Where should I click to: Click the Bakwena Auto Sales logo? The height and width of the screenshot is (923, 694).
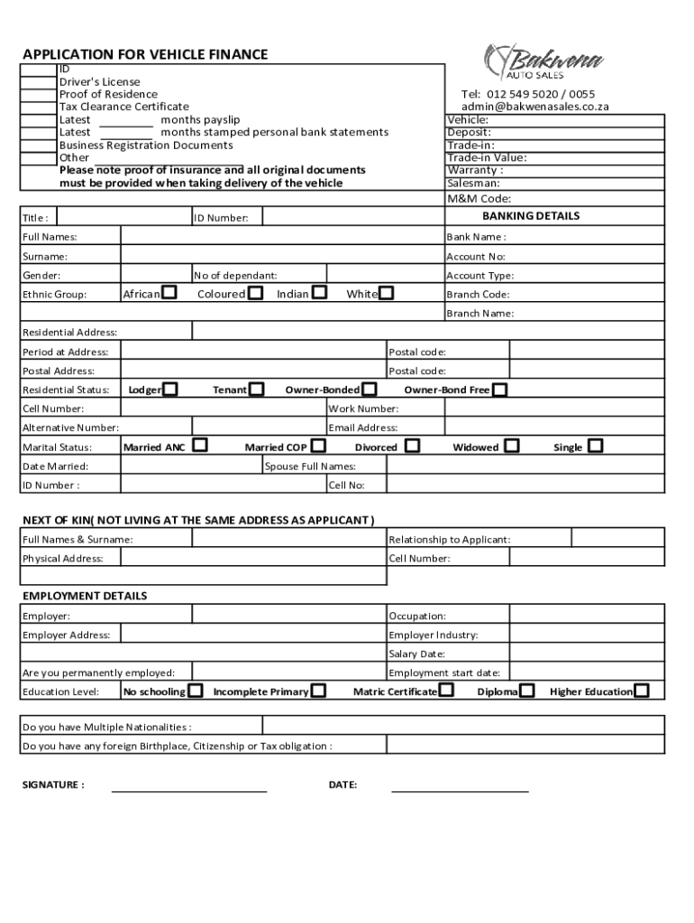coord(543,61)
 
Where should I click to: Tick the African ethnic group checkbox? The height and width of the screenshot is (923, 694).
coord(169,293)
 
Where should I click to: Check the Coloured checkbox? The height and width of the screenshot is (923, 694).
coord(256,293)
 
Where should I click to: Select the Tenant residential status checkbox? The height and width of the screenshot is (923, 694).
coord(257,389)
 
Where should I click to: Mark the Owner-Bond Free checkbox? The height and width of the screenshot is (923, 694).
coord(500,389)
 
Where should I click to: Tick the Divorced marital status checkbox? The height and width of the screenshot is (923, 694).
coord(412,446)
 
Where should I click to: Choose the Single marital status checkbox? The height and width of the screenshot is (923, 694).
coord(595,446)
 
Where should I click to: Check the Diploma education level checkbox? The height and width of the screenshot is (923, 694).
coord(528,691)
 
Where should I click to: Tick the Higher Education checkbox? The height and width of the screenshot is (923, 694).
coord(641,691)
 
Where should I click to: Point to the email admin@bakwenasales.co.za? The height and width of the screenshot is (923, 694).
coord(535,106)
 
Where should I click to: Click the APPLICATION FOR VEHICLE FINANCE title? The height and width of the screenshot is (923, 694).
coord(145,54)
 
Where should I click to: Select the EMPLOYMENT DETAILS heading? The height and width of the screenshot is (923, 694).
coord(85,596)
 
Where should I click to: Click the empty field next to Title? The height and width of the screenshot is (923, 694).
coord(123,217)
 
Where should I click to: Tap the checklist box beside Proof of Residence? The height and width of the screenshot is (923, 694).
coord(39,95)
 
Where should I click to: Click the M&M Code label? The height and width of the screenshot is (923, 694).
coord(479,198)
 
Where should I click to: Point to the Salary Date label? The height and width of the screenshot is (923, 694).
coord(417,653)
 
